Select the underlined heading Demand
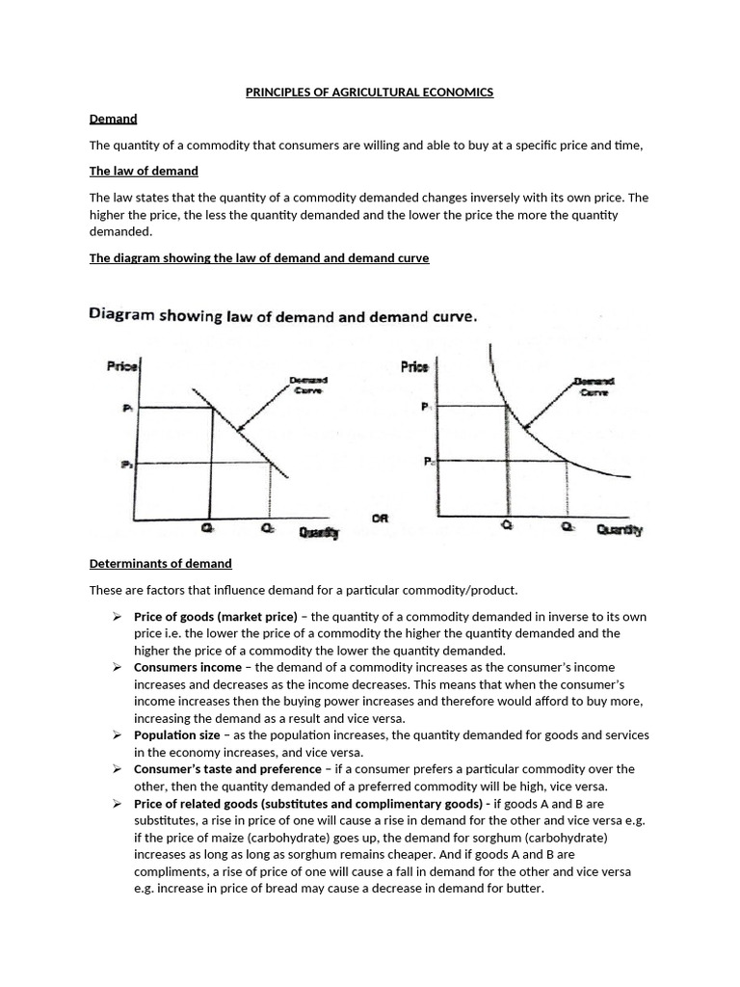click(x=113, y=119)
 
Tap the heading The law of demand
click(x=144, y=171)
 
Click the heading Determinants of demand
click(x=160, y=563)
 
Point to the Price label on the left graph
click(x=122, y=366)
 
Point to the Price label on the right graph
click(x=413, y=366)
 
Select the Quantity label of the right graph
click(x=619, y=529)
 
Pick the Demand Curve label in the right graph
click(x=594, y=386)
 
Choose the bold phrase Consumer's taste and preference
click(x=227, y=769)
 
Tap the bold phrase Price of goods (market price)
click(x=216, y=616)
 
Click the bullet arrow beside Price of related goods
click(x=116, y=803)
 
